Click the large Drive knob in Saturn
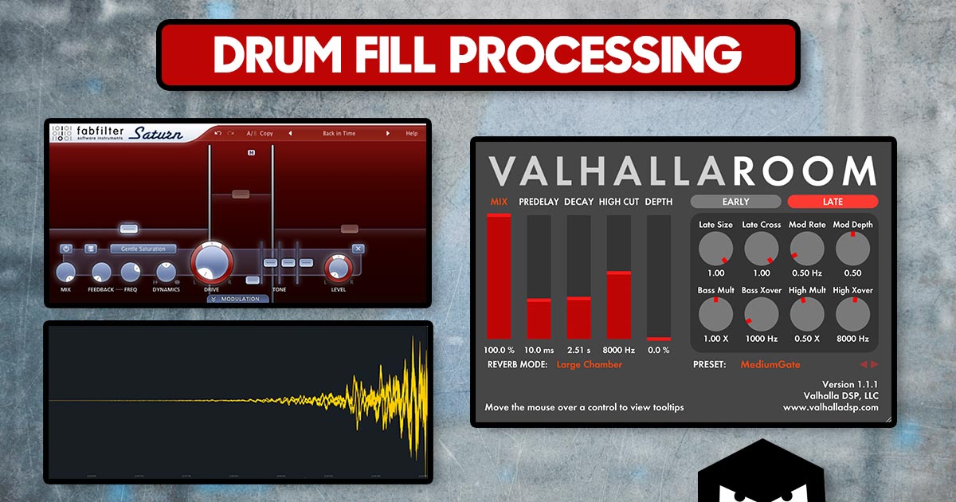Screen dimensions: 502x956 click(x=211, y=261)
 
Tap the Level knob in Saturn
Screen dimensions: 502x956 click(x=338, y=268)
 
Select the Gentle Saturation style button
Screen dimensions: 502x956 click(x=143, y=249)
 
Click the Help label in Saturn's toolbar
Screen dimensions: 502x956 click(x=411, y=133)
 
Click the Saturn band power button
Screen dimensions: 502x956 click(x=66, y=249)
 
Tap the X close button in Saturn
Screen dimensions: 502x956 click(x=358, y=249)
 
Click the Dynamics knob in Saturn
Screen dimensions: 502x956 click(x=166, y=273)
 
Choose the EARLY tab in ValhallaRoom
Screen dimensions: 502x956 click(x=735, y=202)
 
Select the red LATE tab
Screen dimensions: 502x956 click(x=833, y=202)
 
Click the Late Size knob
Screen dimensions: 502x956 click(x=715, y=250)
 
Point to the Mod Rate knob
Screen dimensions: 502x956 click(x=807, y=250)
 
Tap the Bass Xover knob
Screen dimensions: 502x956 click(x=761, y=316)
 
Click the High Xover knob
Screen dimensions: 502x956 click(x=852, y=316)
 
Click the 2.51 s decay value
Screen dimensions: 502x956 click(x=578, y=350)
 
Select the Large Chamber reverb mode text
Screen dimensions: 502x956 click(x=589, y=364)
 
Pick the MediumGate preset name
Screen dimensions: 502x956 click(x=770, y=364)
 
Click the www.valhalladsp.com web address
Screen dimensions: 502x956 click(x=830, y=407)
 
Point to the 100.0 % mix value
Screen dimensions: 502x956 click(x=499, y=350)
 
